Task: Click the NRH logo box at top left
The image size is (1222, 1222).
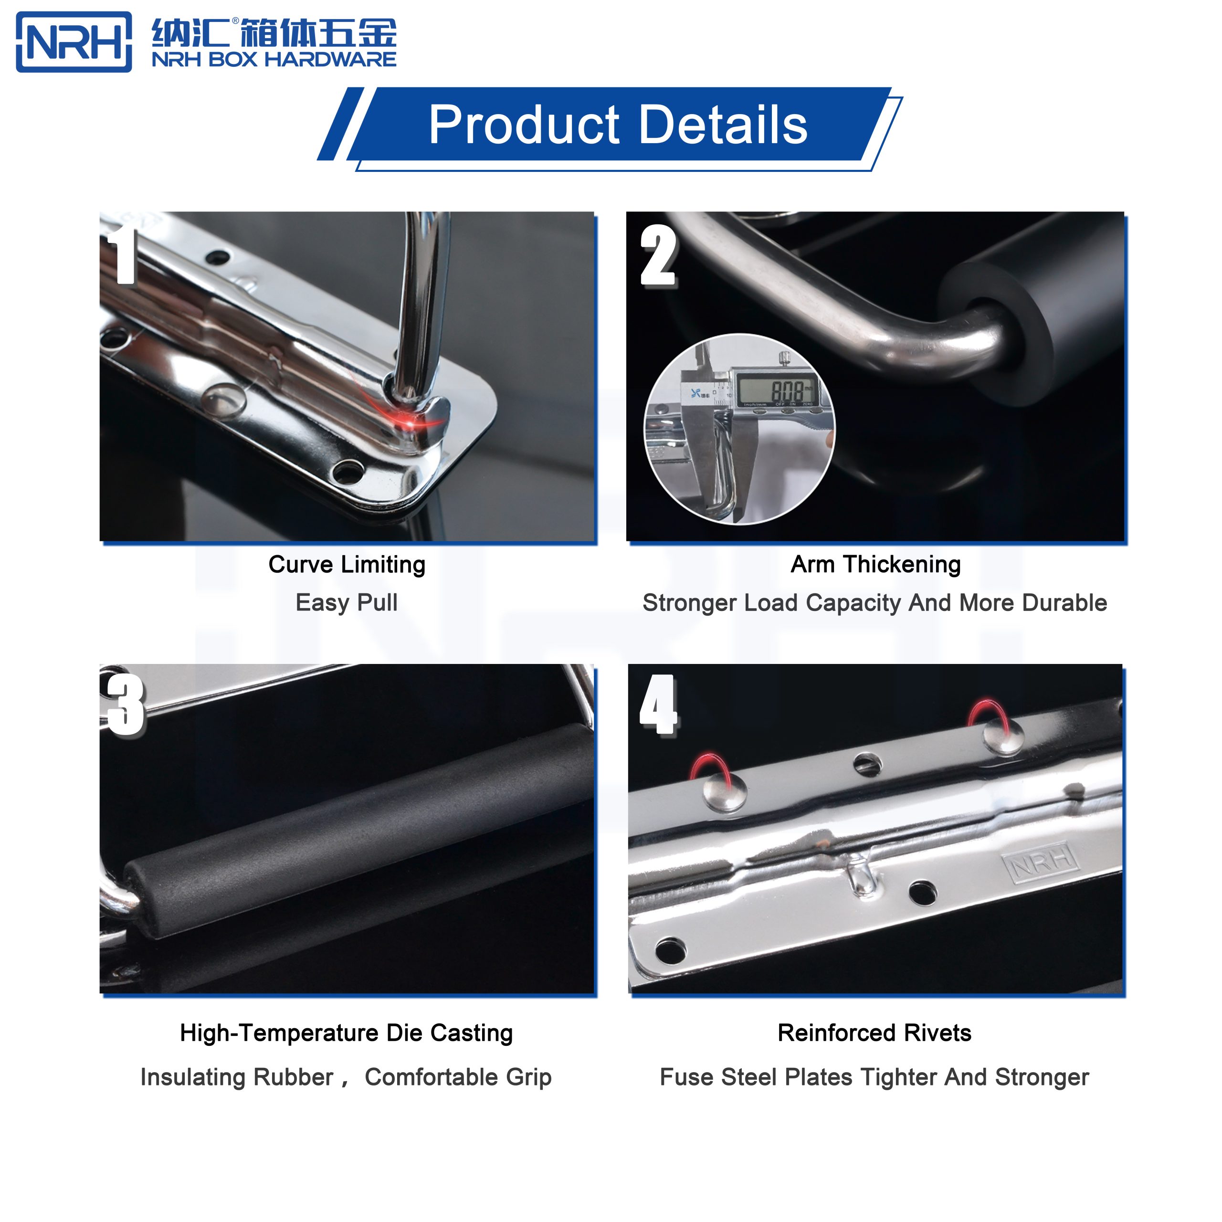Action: pos(74,42)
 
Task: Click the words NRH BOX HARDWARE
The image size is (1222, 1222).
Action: pos(274,60)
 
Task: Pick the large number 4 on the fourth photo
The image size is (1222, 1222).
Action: pos(658,705)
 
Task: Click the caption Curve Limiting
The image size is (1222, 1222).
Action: pos(347,564)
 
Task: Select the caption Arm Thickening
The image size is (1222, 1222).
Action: pos(875,564)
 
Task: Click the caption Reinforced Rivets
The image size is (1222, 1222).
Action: pos(874,1033)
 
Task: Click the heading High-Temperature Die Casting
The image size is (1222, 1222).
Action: pos(346,1033)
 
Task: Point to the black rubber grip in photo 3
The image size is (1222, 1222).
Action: pos(354,829)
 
